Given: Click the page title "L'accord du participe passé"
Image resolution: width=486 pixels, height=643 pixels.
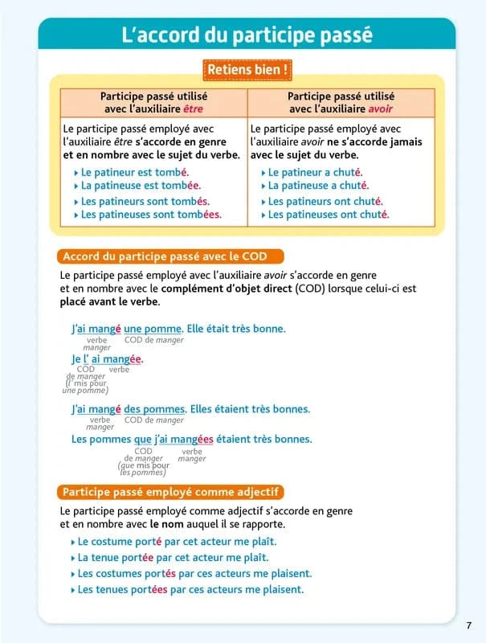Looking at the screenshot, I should [247, 35].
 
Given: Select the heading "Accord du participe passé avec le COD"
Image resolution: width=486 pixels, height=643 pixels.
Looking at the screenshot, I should [172, 257].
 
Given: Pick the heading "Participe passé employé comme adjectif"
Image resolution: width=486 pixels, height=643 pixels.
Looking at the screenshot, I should [172, 492].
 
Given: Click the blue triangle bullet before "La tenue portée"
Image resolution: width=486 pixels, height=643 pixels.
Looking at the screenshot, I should [73, 558].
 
